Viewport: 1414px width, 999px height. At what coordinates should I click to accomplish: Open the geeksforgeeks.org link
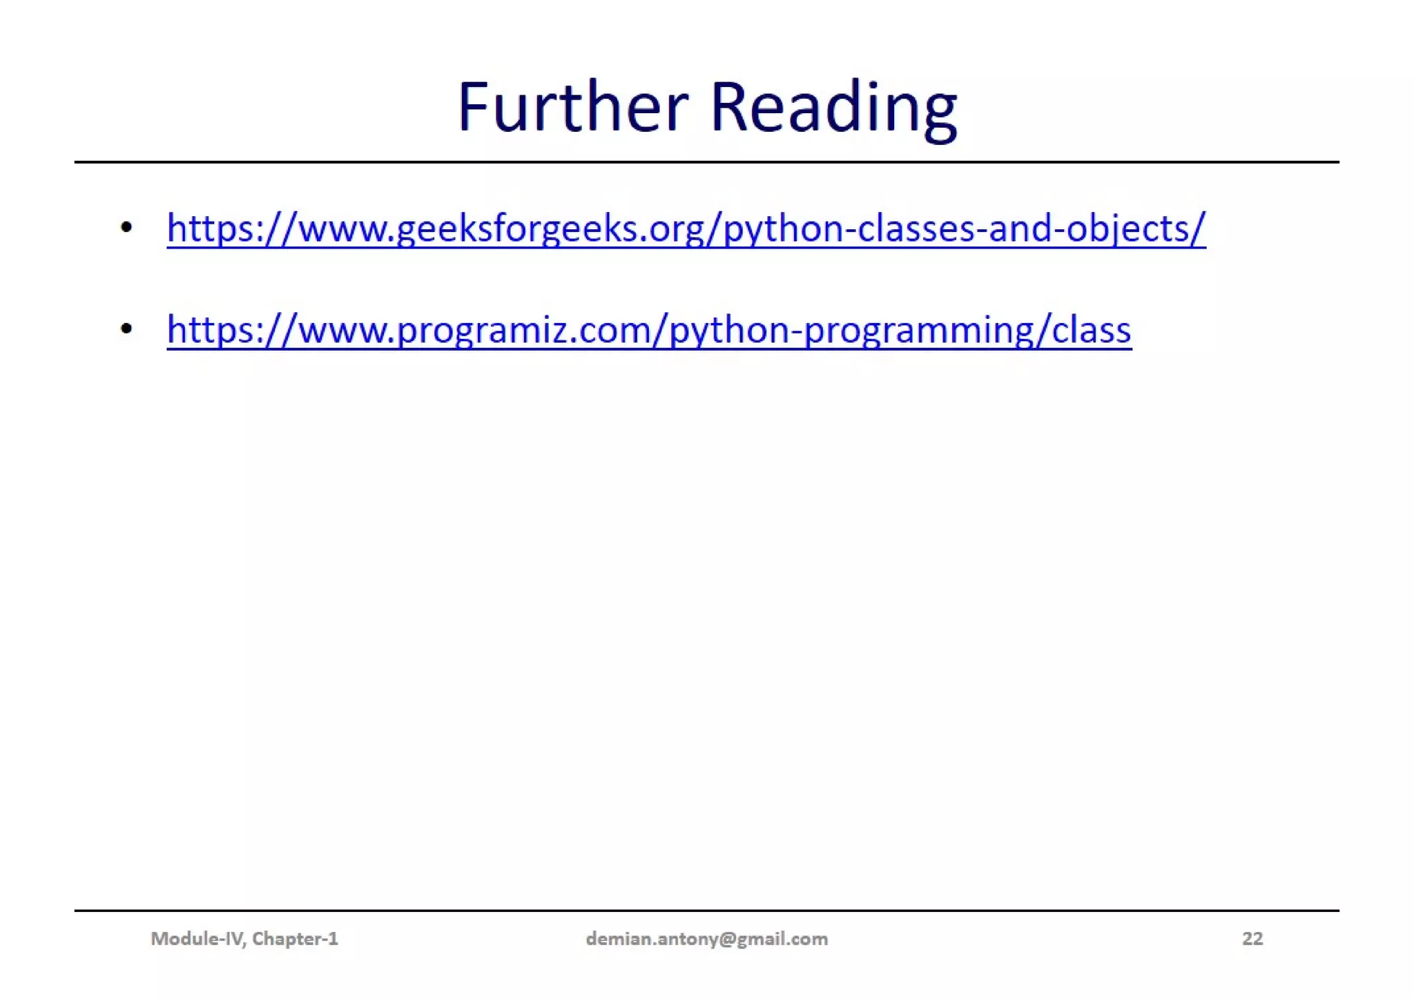click(x=686, y=229)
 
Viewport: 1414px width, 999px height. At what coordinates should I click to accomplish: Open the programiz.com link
click(x=648, y=330)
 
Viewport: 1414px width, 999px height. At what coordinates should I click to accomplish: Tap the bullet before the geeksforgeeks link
click(x=126, y=227)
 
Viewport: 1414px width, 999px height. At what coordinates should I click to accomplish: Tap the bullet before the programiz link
click(x=126, y=329)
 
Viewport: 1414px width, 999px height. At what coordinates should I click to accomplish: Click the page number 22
click(x=1252, y=939)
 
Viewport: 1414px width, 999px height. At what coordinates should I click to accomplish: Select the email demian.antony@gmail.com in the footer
click(x=706, y=939)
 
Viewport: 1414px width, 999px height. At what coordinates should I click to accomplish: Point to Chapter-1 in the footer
click(x=295, y=939)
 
